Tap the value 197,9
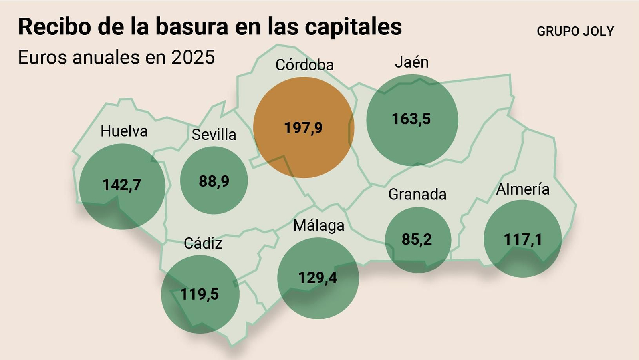(x=303, y=128)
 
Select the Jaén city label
(x=411, y=62)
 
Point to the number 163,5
(x=411, y=119)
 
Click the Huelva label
(x=124, y=131)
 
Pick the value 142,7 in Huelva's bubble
(x=122, y=185)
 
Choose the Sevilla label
(x=214, y=135)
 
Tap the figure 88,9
(x=214, y=181)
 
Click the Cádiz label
(x=202, y=243)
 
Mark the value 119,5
(x=199, y=294)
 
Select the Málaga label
(x=318, y=225)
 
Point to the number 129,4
(x=318, y=278)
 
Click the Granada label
(x=417, y=194)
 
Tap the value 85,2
(x=417, y=239)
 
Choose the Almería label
(x=522, y=189)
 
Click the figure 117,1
(x=523, y=240)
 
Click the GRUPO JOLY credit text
(x=575, y=31)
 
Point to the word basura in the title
(x=192, y=27)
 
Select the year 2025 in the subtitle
(x=193, y=57)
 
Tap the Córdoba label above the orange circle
(x=304, y=65)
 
